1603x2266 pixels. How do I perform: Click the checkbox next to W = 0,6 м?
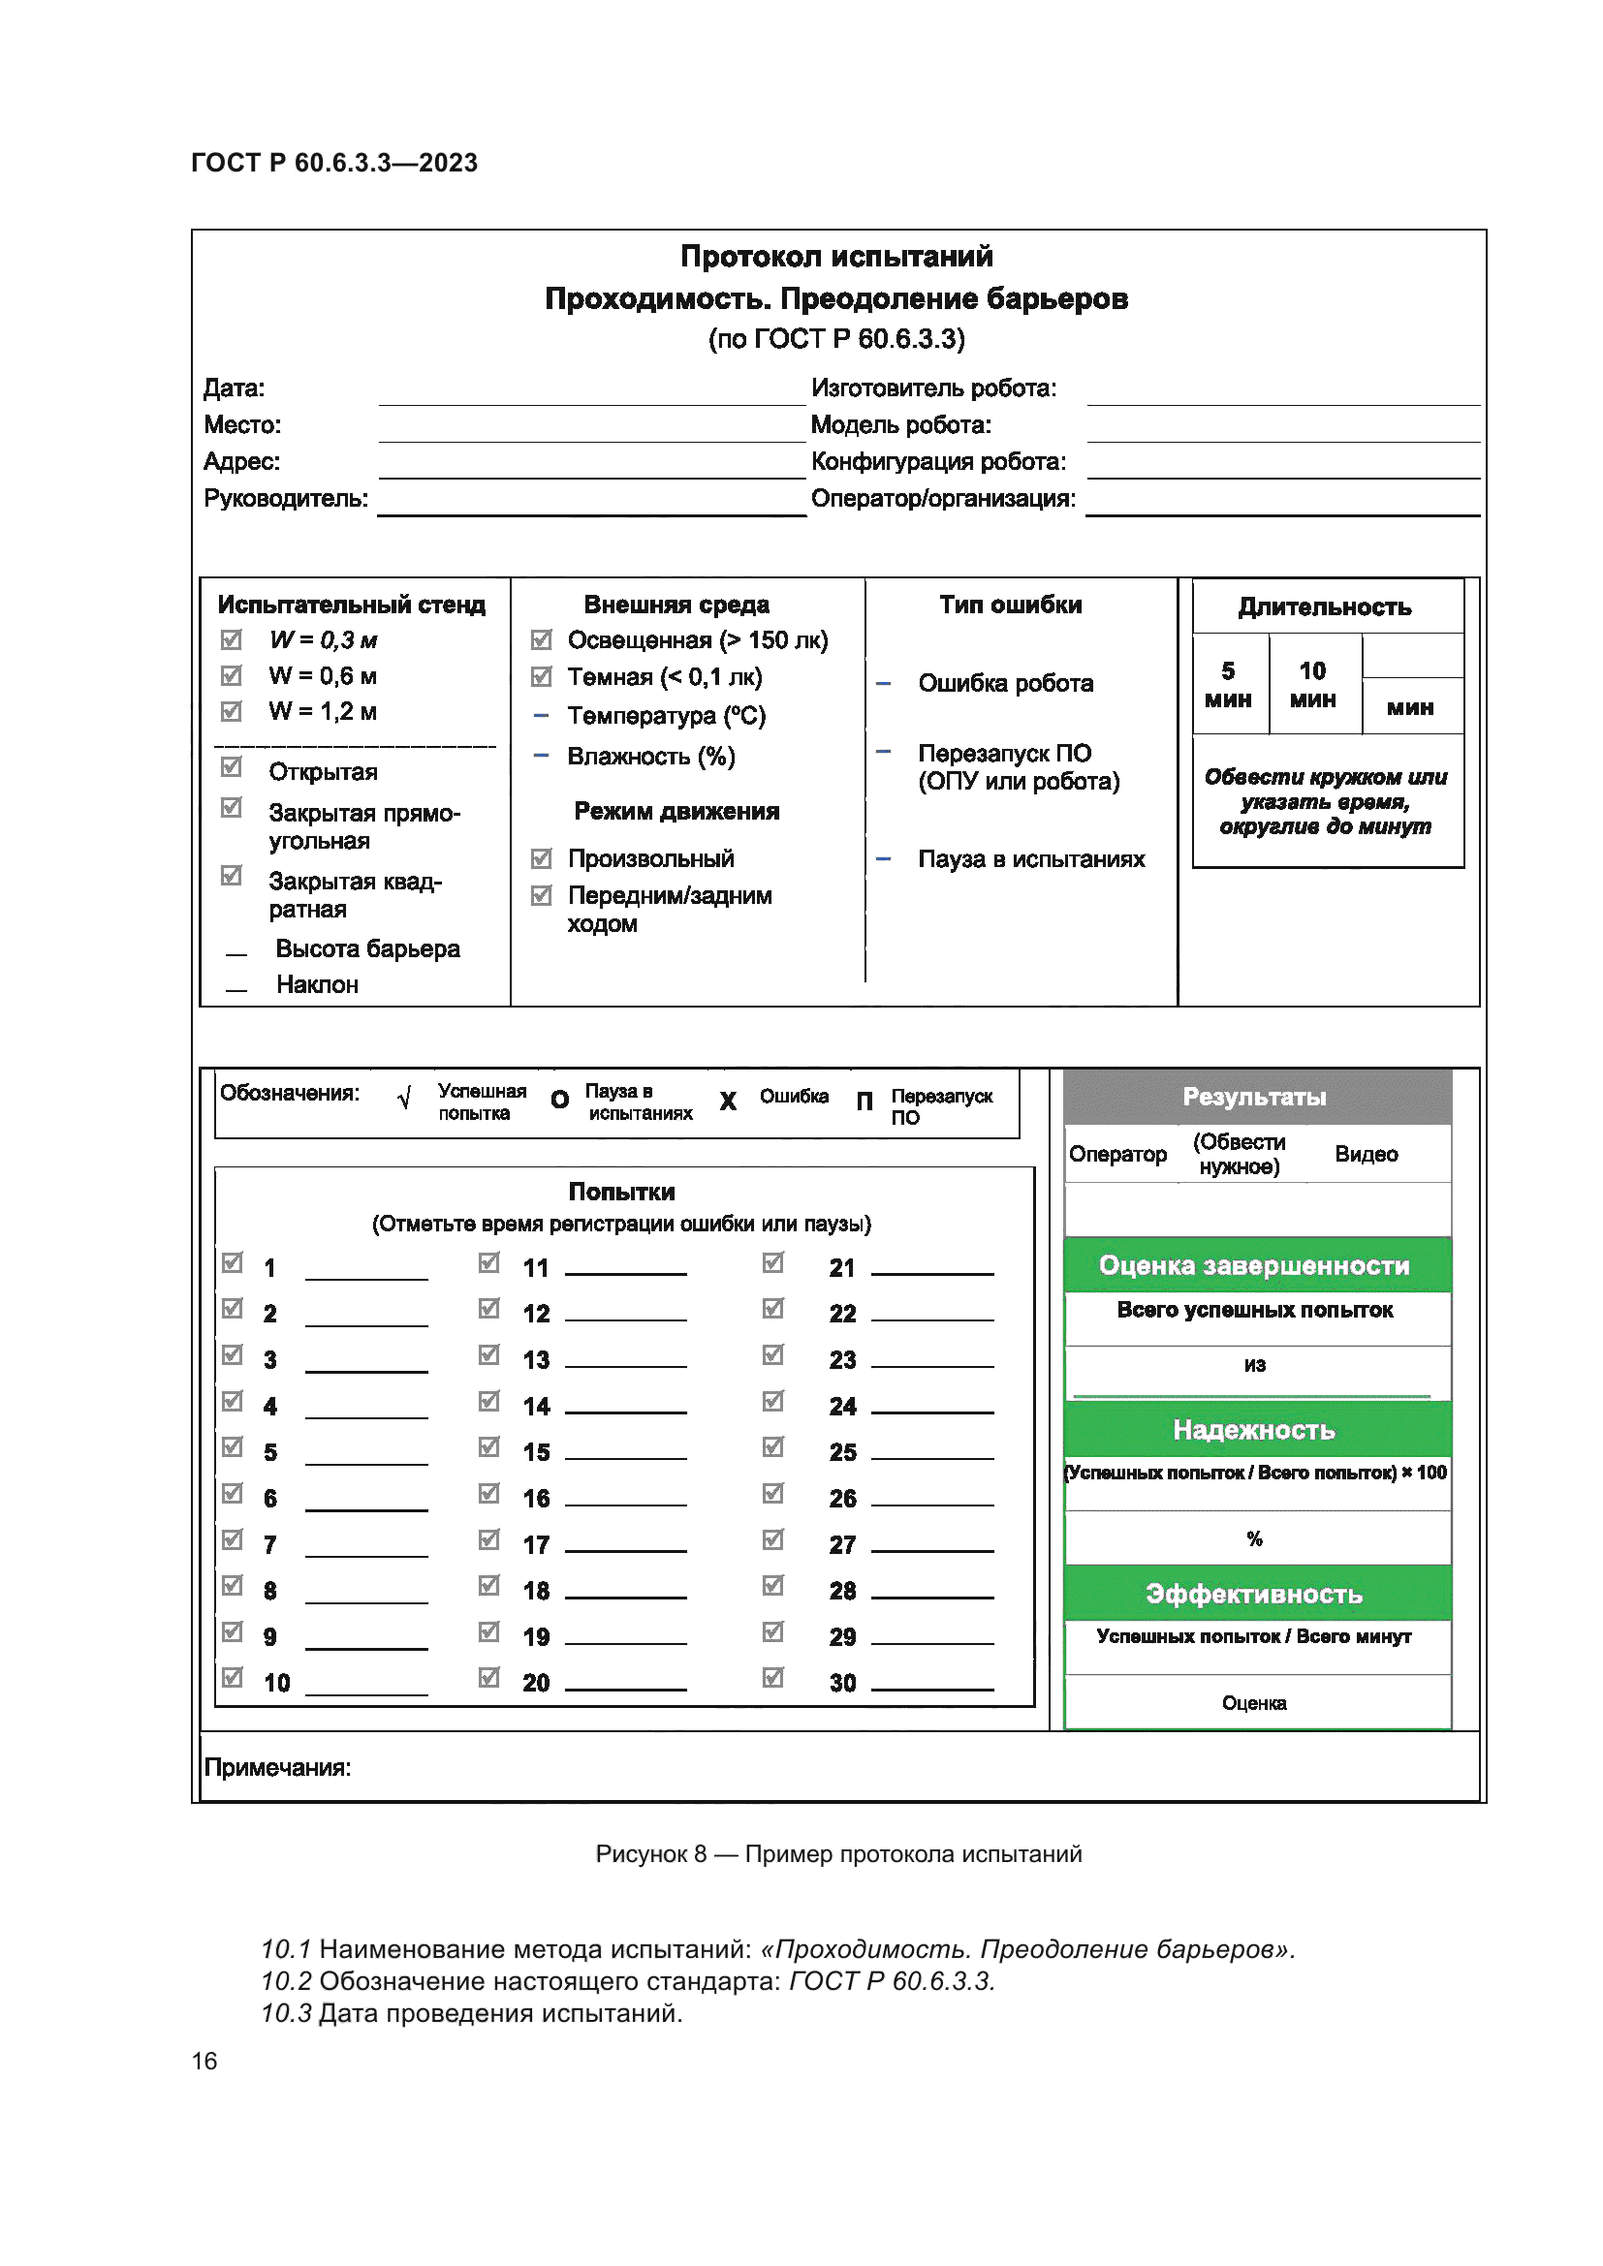pos(231,676)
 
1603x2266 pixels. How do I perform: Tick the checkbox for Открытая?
pos(231,767)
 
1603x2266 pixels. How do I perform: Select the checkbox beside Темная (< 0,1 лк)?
pos(541,677)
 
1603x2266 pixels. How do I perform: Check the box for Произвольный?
pos(541,858)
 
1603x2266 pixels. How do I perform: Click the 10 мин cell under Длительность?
pos(1313,685)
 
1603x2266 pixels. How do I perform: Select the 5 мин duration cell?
pos(1228,685)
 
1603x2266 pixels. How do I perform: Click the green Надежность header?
pos(1254,1430)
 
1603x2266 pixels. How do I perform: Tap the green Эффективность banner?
pos(1254,1594)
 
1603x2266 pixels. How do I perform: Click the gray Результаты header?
pos(1254,1098)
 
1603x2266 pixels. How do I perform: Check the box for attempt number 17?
pos(488,1539)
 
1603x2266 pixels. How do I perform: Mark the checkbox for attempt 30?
pos(773,1678)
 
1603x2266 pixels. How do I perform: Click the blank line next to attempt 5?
pos(366,1454)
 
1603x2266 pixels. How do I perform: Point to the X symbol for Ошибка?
pos(728,1102)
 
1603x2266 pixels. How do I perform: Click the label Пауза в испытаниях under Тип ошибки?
pos(1030,859)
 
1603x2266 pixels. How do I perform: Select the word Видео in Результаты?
pos(1367,1154)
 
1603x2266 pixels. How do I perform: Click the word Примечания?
pos(277,1768)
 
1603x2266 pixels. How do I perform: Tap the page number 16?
pos(204,2061)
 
